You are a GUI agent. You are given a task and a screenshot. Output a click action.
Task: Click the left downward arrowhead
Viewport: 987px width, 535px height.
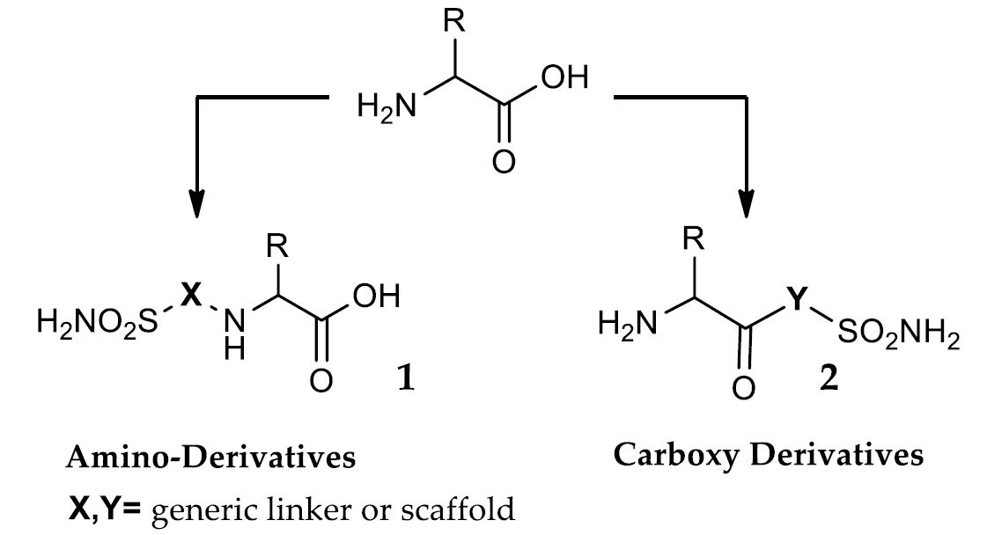pos(196,203)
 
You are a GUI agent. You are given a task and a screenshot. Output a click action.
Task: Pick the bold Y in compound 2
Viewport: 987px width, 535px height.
pos(797,302)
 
